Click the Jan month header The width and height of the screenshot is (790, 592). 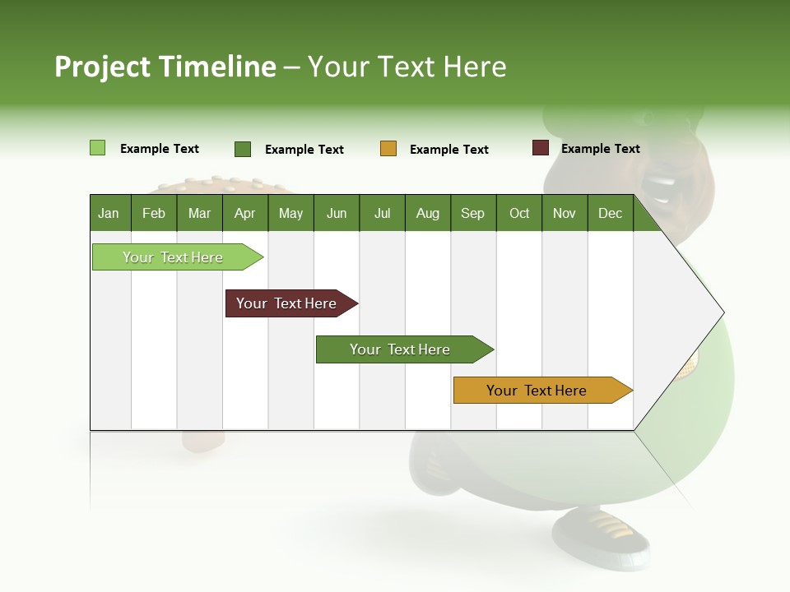(x=109, y=213)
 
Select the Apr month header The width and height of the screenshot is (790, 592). (x=245, y=213)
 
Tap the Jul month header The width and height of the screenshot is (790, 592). (x=382, y=213)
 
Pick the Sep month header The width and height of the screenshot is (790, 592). (x=472, y=213)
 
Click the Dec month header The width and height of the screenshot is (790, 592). (x=610, y=213)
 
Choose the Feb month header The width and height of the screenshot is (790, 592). (x=154, y=213)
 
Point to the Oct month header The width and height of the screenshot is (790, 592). (x=519, y=213)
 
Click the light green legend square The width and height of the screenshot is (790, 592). (x=97, y=148)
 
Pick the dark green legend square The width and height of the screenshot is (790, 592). (x=243, y=149)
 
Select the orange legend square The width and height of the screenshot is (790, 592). (x=388, y=149)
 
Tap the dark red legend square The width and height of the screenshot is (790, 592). (x=541, y=148)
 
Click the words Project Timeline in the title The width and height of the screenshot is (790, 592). (x=165, y=67)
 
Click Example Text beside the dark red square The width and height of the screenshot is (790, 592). (x=600, y=149)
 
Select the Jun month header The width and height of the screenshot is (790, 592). (x=337, y=213)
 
